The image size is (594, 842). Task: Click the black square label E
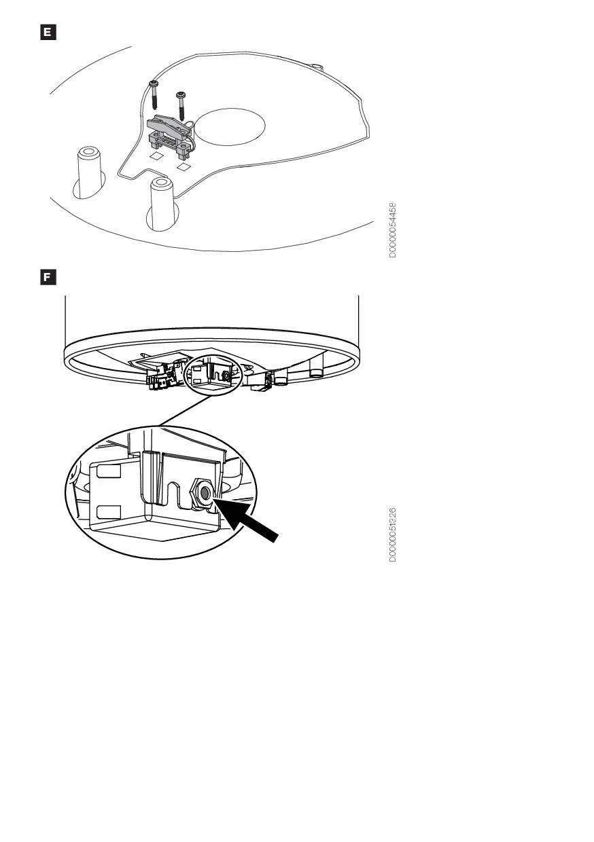[x=48, y=32]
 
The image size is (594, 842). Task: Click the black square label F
[x=48, y=277]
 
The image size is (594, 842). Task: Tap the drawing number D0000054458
[x=392, y=230]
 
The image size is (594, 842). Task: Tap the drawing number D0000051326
[x=392, y=534]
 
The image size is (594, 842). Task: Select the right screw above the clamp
[x=181, y=106]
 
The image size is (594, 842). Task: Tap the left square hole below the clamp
[x=155, y=155]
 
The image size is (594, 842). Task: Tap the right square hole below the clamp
[x=184, y=166]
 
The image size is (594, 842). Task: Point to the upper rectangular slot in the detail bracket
[x=109, y=471]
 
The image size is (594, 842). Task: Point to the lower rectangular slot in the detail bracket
[x=109, y=511]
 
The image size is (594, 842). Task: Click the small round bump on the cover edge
[x=317, y=67]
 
